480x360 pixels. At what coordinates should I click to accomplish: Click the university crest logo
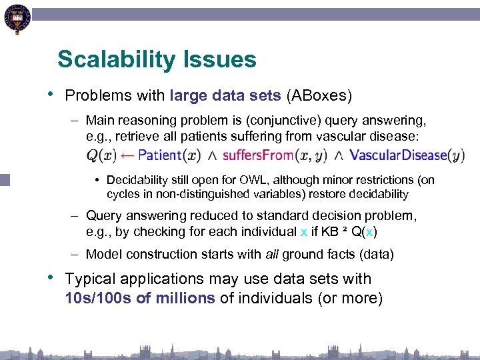(x=17, y=18)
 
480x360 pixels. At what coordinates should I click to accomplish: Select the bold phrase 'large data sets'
(x=225, y=95)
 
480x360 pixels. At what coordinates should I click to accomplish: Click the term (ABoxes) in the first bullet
(x=319, y=95)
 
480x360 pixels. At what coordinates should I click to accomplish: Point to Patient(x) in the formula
(x=169, y=155)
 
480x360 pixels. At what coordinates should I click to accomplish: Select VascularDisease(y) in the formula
(x=407, y=155)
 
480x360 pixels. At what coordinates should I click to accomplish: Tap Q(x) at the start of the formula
(x=101, y=155)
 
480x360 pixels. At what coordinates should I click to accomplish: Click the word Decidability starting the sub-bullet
(x=137, y=180)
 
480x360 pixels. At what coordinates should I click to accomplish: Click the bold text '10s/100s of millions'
(x=140, y=298)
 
